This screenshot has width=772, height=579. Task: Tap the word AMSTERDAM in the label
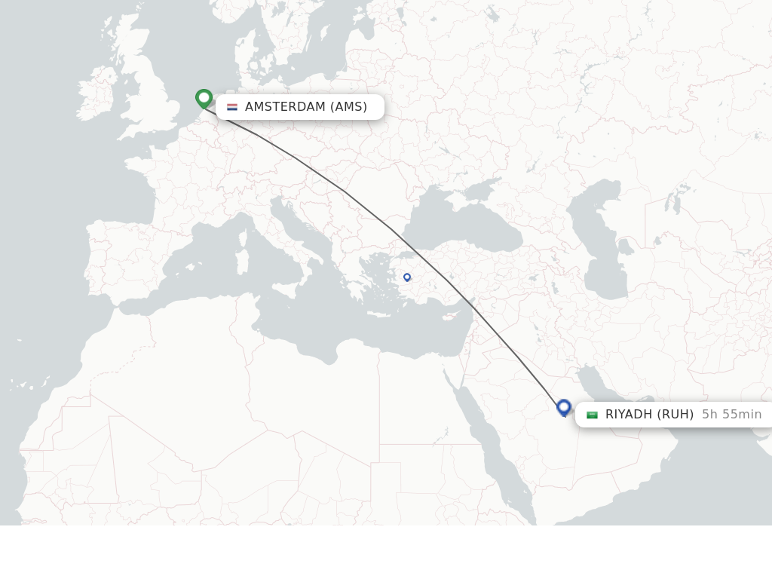(285, 107)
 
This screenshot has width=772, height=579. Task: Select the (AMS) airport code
(348, 107)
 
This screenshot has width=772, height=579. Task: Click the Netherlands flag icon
(232, 107)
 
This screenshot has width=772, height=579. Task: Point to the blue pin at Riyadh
(564, 407)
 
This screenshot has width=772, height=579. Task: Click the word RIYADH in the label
(629, 415)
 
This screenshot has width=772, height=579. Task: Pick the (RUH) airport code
(675, 415)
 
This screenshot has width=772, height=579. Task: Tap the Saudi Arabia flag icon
(592, 415)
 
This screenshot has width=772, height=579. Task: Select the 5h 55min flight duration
(731, 415)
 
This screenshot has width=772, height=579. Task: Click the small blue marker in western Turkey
(407, 277)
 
